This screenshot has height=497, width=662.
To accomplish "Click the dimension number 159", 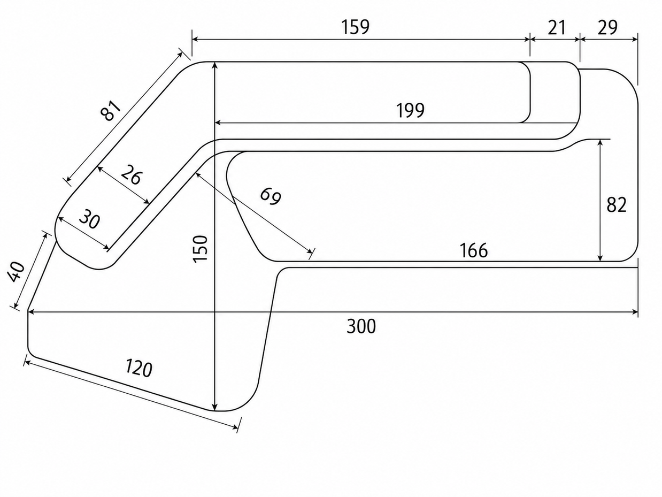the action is click(355, 27).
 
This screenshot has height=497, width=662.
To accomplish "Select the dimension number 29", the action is click(607, 27).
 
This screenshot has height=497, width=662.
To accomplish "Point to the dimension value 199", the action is click(410, 110).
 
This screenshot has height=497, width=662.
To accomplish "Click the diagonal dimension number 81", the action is click(111, 110).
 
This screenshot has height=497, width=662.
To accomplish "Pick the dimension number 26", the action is click(131, 174).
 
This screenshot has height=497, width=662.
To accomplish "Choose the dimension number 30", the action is click(89, 219).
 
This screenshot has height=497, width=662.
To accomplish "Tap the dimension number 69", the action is click(271, 196).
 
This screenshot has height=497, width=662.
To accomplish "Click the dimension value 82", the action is click(616, 205).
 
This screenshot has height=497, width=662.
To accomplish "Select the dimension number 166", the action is click(473, 250).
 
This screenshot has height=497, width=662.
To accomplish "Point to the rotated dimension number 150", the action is click(201, 249).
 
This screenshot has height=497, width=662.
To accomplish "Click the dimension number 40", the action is click(16, 272).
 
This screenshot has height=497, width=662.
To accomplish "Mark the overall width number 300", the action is click(361, 326).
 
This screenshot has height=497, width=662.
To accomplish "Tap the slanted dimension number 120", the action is click(138, 368).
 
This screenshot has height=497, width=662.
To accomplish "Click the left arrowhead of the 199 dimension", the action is click(218, 123).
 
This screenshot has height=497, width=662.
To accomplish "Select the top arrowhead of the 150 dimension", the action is click(214, 65).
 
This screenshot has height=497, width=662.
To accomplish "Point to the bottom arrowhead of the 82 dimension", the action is click(601, 257).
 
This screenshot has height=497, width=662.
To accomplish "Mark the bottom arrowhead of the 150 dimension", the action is click(214, 407).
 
